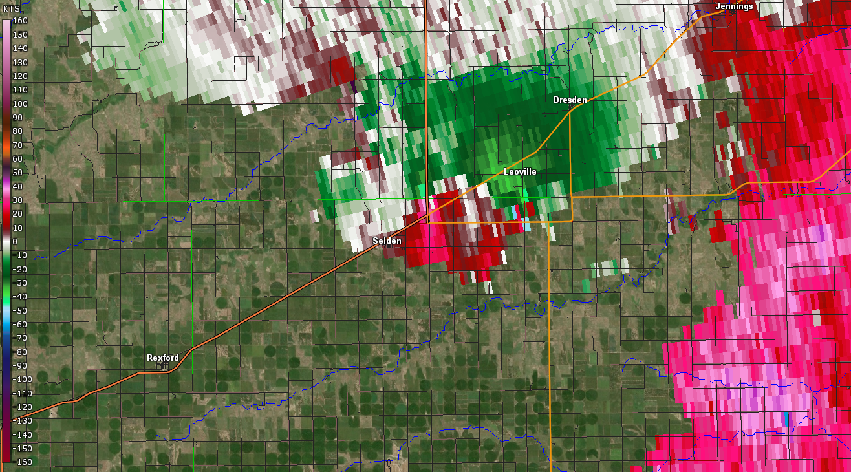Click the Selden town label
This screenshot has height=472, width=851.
[387, 241]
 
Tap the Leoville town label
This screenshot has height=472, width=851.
[520, 172]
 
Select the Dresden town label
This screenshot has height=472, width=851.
[570, 100]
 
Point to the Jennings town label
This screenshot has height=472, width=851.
[734, 6]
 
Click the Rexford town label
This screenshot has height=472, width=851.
[162, 358]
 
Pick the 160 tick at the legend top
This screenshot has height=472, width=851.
[19, 21]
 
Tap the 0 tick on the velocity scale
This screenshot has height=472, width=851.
[15, 242]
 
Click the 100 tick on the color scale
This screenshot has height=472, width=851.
[19, 103]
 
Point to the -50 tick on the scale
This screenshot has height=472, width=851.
[19, 310]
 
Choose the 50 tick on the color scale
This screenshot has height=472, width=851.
[17, 173]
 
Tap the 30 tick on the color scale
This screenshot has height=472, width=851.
[17, 200]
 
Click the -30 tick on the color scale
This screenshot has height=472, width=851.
[19, 283]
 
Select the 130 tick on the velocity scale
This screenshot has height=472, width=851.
[19, 62]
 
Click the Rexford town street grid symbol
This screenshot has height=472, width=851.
[165, 366]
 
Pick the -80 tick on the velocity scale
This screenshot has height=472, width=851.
[19, 352]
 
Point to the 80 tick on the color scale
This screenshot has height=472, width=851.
[17, 131]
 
